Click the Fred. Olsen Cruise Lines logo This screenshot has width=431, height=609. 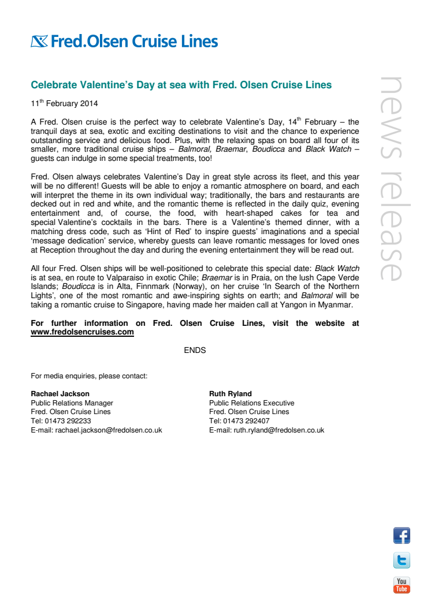124,42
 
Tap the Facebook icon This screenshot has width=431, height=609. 402,536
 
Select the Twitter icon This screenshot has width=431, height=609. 402,561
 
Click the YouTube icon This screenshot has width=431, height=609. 402,585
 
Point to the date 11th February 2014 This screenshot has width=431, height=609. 64,104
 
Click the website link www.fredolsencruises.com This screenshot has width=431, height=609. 82,332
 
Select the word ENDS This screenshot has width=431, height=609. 195,350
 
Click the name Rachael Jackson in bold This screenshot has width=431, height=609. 60,394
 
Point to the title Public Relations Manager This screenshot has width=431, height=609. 72,403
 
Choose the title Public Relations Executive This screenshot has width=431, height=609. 251,403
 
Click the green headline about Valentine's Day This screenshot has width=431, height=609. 181,85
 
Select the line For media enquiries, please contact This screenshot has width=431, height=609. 89,376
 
